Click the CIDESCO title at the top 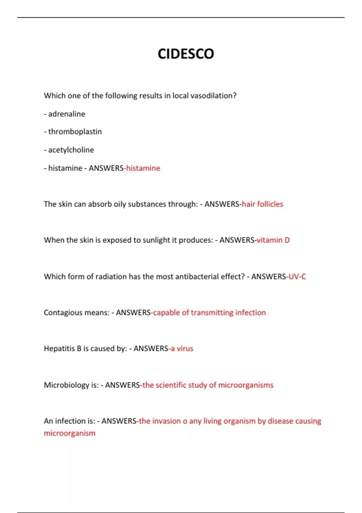click(x=186, y=54)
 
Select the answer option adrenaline click(x=66, y=114)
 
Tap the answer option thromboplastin click(x=75, y=132)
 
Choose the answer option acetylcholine click(x=71, y=150)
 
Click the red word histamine click(x=143, y=168)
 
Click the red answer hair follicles click(x=262, y=204)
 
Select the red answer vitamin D click(x=273, y=240)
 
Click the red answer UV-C click(x=297, y=276)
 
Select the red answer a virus click(x=182, y=349)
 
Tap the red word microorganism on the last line click(x=69, y=433)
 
